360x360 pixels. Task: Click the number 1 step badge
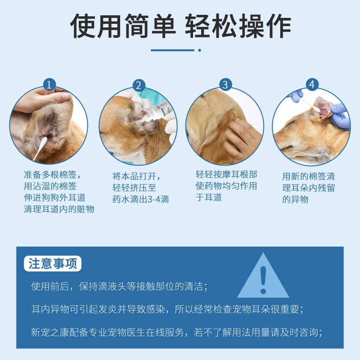coord(49,85)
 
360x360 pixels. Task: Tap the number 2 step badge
coord(139,85)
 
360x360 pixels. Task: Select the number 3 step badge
coord(225,85)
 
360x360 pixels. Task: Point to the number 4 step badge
coord(312,85)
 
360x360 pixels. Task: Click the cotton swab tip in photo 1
coord(44,140)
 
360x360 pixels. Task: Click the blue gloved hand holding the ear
coord(340,117)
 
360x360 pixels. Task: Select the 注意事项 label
coord(53,264)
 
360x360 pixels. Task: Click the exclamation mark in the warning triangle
coord(263,280)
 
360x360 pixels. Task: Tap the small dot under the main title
coord(199,50)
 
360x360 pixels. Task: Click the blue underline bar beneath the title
coord(172,50)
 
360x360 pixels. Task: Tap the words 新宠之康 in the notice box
coord(50,332)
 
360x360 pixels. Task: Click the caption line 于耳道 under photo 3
coord(209,197)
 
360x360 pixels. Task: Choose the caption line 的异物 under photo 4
coord(295,199)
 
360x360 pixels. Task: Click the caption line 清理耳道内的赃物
coord(59,209)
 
